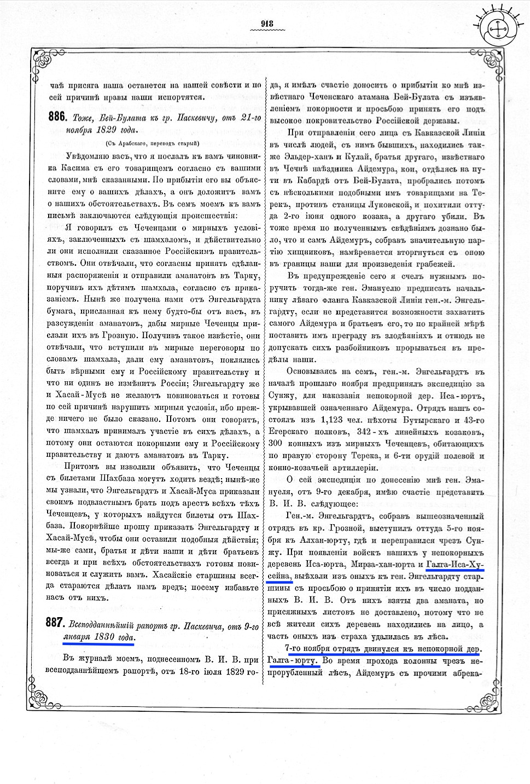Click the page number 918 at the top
pyautogui.click(x=267, y=23)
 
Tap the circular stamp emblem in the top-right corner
pyautogui.click(x=499, y=29)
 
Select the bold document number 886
pyautogui.click(x=57, y=117)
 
